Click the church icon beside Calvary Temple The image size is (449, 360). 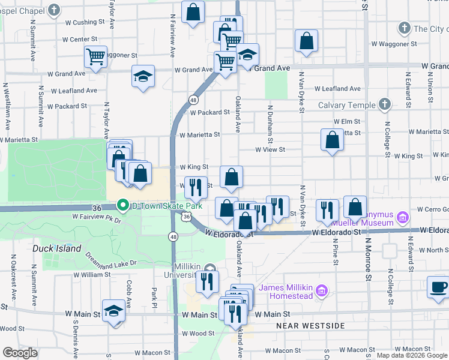pos(385,105)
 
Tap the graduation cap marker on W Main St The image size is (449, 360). pos(113,310)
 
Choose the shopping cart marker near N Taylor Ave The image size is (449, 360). pos(95,56)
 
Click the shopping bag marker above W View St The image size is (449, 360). pos(332,140)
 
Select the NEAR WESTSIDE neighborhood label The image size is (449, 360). pos(310,325)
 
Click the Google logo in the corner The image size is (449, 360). pos(20,353)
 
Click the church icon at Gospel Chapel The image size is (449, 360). pos(54,10)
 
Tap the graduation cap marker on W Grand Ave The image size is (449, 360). pos(143,76)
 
